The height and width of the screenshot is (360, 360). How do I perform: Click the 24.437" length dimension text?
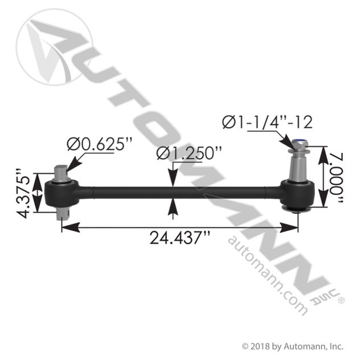(180, 238)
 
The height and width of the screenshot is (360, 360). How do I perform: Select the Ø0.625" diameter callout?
(100, 144)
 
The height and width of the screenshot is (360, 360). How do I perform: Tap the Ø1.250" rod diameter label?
(189, 153)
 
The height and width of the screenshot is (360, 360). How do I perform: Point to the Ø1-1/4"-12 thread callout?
(267, 122)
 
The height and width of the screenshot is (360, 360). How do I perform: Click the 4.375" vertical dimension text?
(23, 194)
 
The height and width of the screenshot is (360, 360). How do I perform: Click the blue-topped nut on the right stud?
(298, 145)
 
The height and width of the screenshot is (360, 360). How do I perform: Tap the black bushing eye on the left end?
(62, 193)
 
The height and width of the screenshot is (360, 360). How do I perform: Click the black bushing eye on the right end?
(297, 194)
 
